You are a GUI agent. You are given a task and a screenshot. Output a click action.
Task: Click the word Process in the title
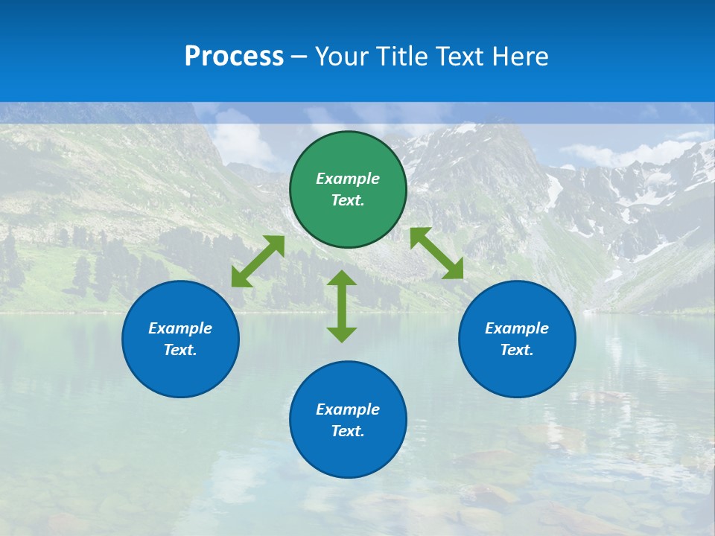pos(234,57)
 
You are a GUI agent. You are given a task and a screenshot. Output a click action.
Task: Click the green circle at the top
pos(348,190)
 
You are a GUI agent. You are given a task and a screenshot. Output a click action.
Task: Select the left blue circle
pos(180,339)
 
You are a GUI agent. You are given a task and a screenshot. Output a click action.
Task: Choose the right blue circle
pos(517,339)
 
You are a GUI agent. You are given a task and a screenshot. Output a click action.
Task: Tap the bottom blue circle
pos(348,420)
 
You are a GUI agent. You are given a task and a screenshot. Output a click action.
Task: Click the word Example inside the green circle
pos(348,179)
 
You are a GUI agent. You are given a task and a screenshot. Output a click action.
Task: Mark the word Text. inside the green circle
pos(348,200)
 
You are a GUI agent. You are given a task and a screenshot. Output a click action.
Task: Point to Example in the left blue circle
pos(180,328)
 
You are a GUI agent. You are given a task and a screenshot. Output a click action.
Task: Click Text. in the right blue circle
pos(517,350)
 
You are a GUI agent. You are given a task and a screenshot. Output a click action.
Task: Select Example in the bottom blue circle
pos(348,409)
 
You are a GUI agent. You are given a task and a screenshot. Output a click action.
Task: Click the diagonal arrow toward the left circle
pos(258,261)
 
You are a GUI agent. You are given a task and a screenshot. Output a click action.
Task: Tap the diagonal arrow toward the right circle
pos(436,253)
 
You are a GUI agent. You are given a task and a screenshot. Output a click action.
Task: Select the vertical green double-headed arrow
pos(342,306)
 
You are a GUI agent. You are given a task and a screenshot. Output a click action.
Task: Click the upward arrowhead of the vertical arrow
pos(342,278)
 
